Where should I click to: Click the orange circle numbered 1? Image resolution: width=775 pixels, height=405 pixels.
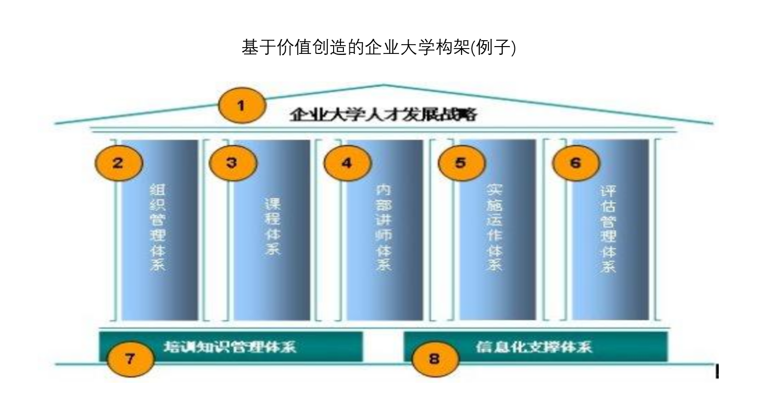click(x=242, y=105)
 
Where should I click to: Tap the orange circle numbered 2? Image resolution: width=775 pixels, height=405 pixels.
click(x=119, y=163)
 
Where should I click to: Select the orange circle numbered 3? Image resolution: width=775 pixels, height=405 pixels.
click(x=233, y=163)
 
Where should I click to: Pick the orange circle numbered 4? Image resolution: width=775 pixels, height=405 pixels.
click(x=347, y=163)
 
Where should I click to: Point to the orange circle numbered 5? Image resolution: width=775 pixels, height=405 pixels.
click(x=461, y=163)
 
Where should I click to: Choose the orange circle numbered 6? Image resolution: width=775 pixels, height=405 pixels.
click(x=576, y=163)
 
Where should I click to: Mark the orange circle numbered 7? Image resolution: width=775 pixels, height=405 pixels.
click(x=130, y=359)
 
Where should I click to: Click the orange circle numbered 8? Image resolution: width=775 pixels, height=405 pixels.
click(x=435, y=359)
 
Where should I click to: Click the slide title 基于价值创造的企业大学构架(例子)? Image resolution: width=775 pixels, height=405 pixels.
click(x=379, y=48)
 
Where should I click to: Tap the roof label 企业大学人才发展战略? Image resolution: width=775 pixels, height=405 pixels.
click(x=384, y=114)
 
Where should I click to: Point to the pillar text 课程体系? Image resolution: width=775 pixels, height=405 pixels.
click(x=273, y=227)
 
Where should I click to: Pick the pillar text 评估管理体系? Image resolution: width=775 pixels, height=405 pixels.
click(x=608, y=229)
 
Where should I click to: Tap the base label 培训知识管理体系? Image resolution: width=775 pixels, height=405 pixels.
click(x=230, y=347)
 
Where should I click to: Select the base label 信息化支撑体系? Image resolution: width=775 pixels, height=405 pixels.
click(x=534, y=347)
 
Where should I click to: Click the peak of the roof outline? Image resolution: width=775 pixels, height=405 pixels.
click(x=384, y=85)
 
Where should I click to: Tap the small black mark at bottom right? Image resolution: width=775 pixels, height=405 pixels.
click(x=717, y=372)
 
